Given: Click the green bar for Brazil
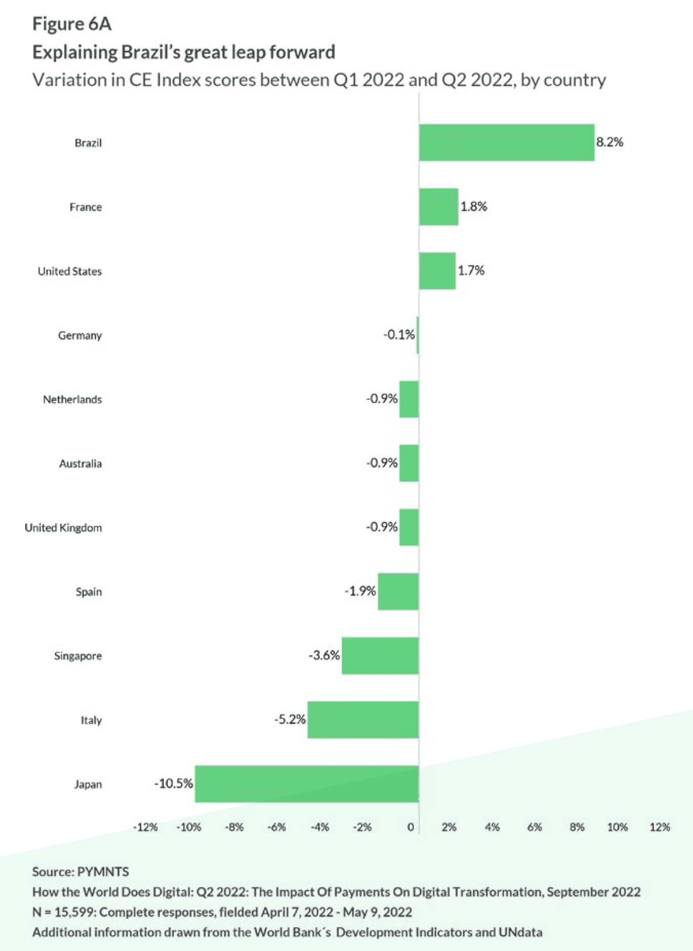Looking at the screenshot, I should [506, 143].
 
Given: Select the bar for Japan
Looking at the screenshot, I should [307, 784].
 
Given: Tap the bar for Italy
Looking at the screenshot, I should [363, 720].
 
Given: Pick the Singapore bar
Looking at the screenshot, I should [380, 655].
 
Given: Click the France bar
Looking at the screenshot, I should [438, 207].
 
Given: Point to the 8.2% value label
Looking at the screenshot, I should [610, 142].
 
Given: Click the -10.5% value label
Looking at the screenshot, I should [173, 784].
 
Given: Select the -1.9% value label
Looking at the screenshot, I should [360, 591].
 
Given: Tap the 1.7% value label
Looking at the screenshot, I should [471, 270].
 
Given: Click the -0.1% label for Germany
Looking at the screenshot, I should [399, 335].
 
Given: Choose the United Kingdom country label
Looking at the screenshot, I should [63, 528].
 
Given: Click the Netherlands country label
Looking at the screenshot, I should [72, 400].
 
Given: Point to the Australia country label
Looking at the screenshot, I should [80, 464].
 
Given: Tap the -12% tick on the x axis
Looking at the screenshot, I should [145, 827].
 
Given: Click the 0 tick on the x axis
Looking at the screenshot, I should [411, 827].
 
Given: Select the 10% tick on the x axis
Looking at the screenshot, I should [617, 827].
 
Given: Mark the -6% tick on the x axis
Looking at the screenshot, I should [276, 827].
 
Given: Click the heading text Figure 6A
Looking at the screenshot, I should [71, 24].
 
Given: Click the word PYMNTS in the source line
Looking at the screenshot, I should [103, 871].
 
